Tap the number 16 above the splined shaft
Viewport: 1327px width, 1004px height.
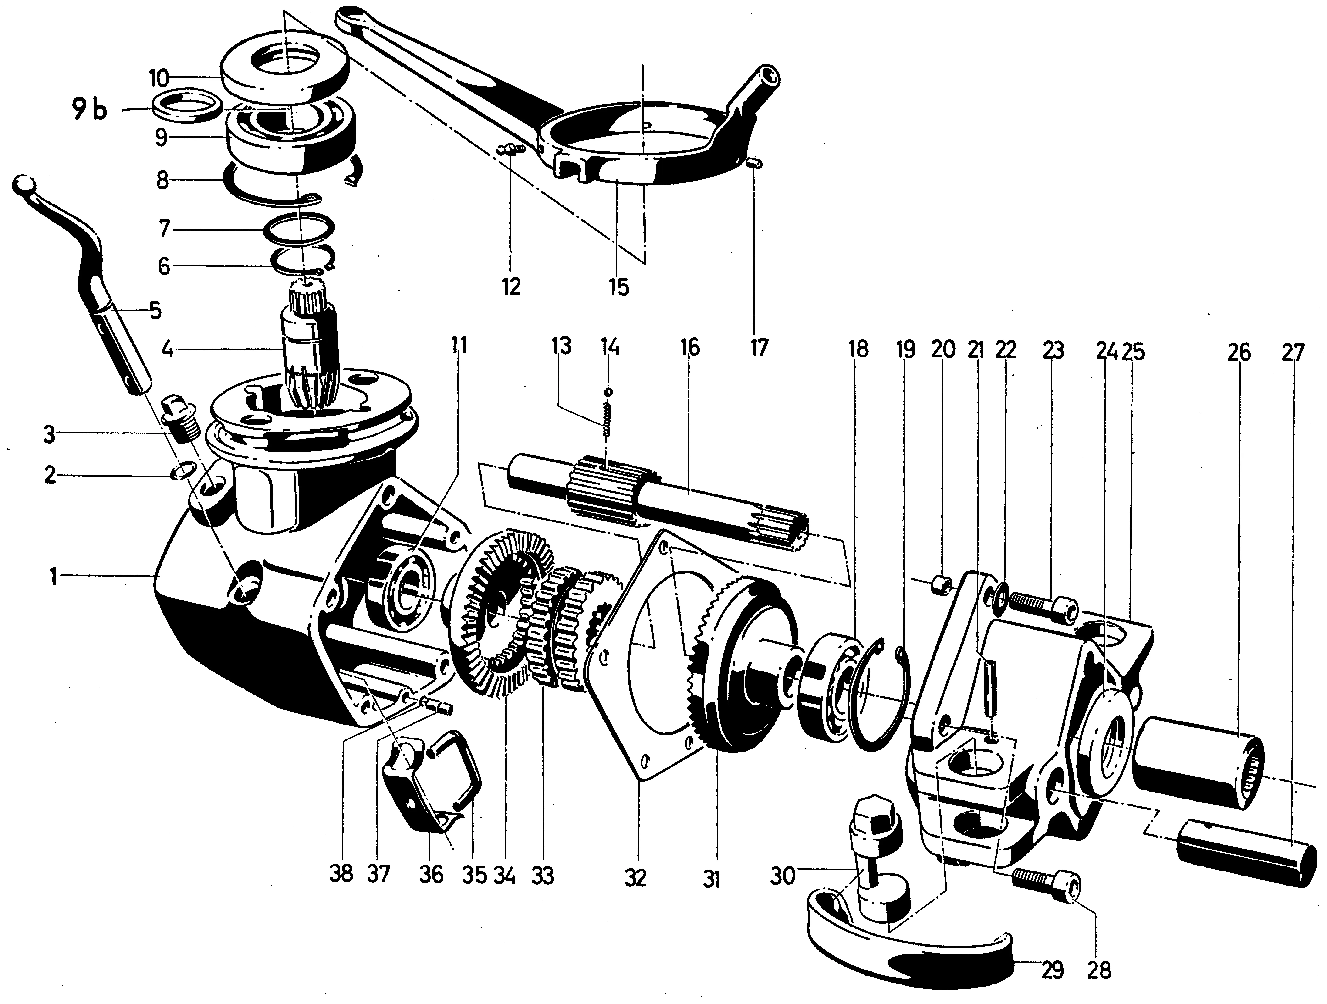690,348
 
